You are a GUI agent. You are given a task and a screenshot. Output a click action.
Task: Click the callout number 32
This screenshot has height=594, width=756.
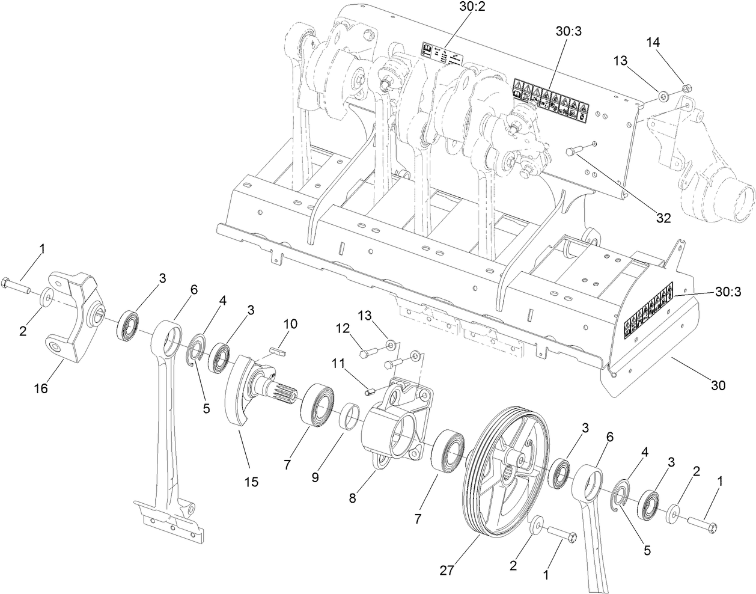663,219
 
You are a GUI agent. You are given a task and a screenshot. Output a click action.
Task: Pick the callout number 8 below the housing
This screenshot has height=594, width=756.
353,498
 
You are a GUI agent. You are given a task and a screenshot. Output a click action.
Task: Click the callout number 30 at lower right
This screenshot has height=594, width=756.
718,385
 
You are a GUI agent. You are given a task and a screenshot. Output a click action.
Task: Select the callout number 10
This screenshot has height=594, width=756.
290,323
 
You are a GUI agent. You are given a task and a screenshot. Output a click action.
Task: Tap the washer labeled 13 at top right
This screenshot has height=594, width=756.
664,94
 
